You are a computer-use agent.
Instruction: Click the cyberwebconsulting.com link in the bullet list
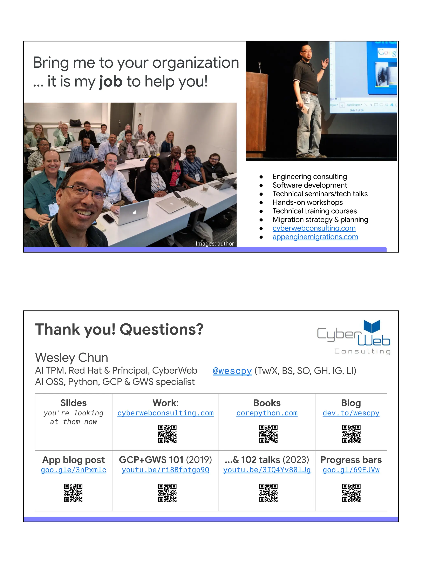tap(314, 228)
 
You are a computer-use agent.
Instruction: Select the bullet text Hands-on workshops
tap(307, 202)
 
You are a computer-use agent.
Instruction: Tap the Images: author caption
tap(215, 244)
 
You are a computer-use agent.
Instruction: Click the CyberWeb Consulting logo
tap(354, 337)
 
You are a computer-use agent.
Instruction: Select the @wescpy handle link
tap(232, 371)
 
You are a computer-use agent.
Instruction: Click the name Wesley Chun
tap(72, 357)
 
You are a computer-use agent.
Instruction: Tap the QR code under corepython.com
tap(268, 434)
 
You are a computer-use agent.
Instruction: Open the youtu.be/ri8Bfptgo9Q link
tap(165, 470)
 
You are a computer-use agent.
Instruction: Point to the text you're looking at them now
tap(73, 417)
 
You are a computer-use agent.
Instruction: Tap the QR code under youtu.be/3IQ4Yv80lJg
tap(268, 493)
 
